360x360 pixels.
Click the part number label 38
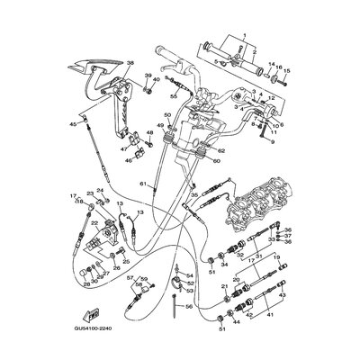pos(130,64)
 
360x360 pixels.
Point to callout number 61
pos(142,184)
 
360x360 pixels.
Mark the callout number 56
pos(190,306)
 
